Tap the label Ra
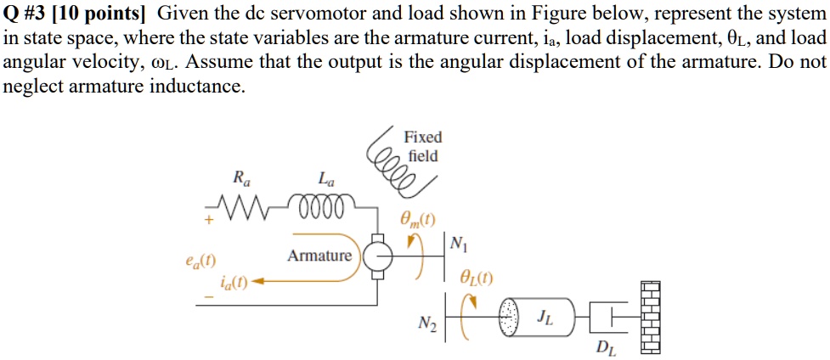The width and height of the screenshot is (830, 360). pyautogui.click(x=241, y=178)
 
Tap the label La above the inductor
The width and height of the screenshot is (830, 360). pyautogui.click(x=325, y=178)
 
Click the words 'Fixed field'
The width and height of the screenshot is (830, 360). pyautogui.click(x=422, y=146)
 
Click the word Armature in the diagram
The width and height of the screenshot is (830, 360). pyautogui.click(x=319, y=256)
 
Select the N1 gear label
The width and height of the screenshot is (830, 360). pyautogui.click(x=458, y=246)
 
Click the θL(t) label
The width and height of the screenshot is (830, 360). pyautogui.click(x=475, y=276)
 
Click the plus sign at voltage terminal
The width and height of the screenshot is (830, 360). pyautogui.click(x=206, y=220)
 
